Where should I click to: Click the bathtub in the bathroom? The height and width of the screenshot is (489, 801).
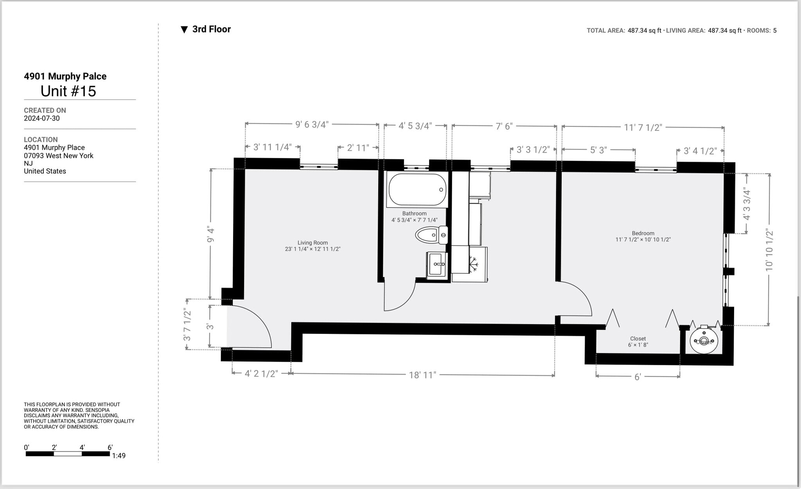(x=417, y=189)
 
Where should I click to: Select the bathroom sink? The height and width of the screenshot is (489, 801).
(x=437, y=264)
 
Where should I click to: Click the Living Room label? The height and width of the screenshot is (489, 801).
(x=312, y=245)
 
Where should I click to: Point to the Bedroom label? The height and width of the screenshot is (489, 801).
(x=643, y=236)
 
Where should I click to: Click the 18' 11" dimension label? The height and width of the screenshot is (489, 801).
(x=422, y=375)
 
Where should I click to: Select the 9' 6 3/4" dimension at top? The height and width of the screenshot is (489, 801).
(x=312, y=125)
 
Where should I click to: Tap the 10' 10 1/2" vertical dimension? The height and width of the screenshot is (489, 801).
(x=769, y=250)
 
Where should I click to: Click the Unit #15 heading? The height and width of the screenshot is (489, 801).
(x=68, y=91)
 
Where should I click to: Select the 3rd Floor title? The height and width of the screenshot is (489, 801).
(x=211, y=29)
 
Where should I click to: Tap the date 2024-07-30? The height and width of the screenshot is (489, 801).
(x=42, y=118)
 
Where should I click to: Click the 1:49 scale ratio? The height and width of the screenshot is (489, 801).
(x=119, y=456)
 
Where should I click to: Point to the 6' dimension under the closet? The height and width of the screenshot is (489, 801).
(x=638, y=377)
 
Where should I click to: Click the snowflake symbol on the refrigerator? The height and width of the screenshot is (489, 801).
(x=474, y=264)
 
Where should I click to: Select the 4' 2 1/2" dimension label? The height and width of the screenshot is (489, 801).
(x=261, y=374)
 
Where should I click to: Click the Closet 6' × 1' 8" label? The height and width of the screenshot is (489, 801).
(x=638, y=342)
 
